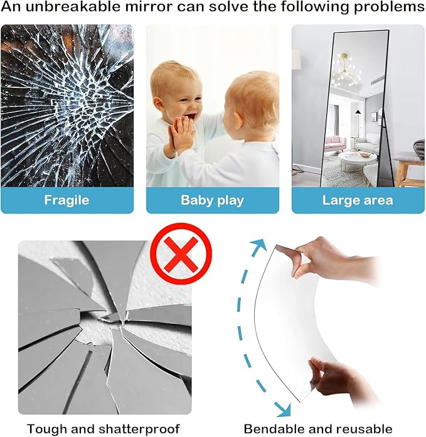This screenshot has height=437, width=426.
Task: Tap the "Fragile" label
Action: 67,200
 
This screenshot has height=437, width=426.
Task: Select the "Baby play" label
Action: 212,200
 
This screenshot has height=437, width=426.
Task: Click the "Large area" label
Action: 358,200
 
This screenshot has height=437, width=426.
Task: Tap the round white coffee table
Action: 358,158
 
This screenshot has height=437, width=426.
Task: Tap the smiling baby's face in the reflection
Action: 179,92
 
